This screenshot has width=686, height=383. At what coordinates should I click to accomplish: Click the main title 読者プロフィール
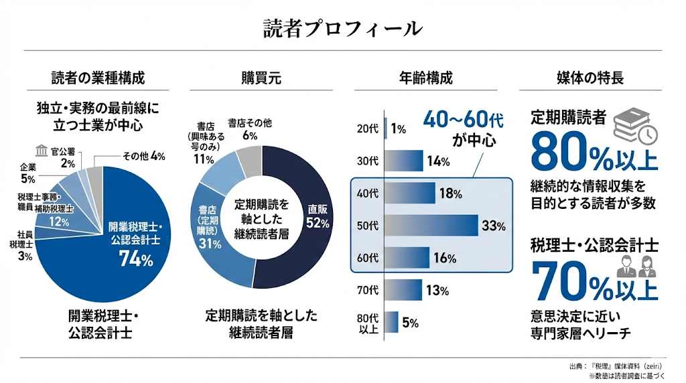[342, 28]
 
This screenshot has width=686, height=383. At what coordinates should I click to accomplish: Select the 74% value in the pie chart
[136, 259]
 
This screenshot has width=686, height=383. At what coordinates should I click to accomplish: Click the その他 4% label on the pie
[143, 156]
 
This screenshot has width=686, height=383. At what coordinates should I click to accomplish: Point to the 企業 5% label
[28, 172]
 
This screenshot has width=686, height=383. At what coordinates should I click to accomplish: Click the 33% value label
[493, 226]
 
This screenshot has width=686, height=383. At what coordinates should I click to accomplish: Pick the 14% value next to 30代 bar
[437, 161]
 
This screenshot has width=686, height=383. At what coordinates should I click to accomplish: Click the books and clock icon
[635, 125]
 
